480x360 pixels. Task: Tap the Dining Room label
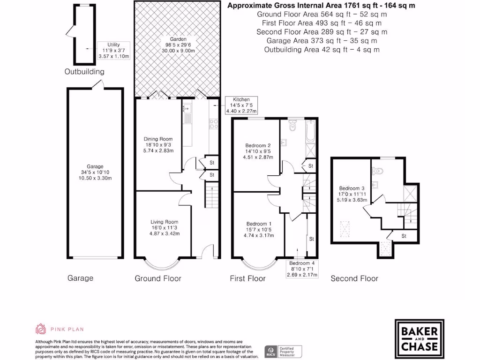(x=158, y=144)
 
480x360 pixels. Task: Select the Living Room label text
(x=164, y=227)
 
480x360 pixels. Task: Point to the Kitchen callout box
(x=241, y=105)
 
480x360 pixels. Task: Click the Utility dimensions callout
(x=113, y=50)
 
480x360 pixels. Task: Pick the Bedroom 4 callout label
(x=302, y=269)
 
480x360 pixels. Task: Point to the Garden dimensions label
(x=178, y=45)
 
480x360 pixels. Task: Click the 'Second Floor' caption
(x=354, y=278)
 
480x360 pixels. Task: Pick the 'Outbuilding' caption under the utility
(x=84, y=72)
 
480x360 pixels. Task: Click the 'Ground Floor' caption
(x=158, y=278)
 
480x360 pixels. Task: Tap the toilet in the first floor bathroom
(x=293, y=126)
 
